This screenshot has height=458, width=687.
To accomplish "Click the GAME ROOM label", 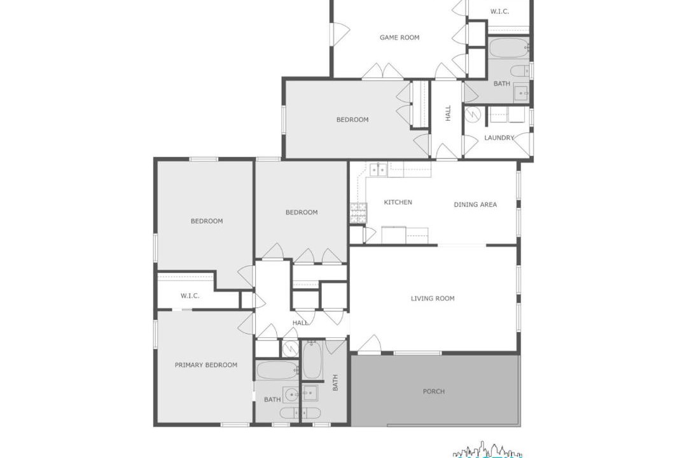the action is (399, 38).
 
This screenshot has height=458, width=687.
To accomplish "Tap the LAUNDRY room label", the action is (499, 137).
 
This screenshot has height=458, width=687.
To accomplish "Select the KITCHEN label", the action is (398, 202).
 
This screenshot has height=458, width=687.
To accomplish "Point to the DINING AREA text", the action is (475, 204).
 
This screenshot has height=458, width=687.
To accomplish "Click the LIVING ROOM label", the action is (433, 298).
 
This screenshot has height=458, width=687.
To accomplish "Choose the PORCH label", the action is (434, 391).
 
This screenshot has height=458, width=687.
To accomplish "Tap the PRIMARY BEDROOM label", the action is (206, 364).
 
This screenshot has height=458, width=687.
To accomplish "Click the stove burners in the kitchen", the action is (358, 213).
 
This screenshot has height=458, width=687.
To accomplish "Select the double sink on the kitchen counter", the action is (378, 169).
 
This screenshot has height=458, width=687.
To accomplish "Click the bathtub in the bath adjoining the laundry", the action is (509, 48).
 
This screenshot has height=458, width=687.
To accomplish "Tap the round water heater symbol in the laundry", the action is (473, 115).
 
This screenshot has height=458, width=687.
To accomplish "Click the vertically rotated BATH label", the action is (335, 382).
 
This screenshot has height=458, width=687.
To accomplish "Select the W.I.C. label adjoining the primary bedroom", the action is (190, 296).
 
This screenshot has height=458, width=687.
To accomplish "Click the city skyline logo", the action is (487, 450).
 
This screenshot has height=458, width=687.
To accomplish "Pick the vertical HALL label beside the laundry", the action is (448, 113).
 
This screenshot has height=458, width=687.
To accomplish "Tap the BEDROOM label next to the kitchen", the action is (302, 212).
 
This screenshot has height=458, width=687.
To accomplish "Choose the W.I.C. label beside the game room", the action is (499, 11).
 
